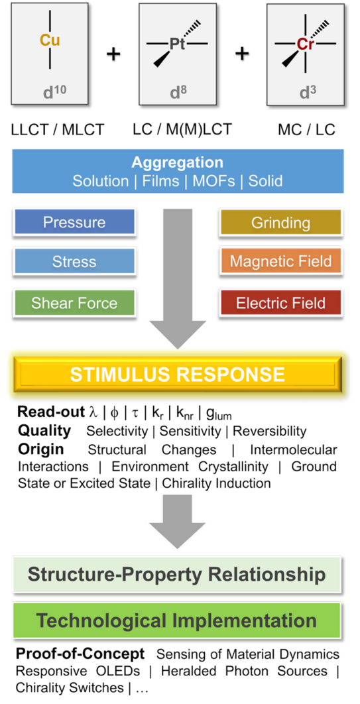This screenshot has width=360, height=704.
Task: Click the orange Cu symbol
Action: point(50,40)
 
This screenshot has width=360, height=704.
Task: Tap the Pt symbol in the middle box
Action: point(178,44)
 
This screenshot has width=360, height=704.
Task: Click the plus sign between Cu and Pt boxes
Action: point(113,54)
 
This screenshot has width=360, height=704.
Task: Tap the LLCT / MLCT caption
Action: point(57,130)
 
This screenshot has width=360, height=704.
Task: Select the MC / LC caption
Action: point(306,130)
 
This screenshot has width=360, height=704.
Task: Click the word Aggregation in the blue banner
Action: point(178,162)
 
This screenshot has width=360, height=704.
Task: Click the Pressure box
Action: point(74,222)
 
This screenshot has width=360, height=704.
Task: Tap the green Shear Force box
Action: point(74,302)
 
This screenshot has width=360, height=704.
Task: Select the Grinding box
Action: point(280,223)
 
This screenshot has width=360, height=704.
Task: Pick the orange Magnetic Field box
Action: point(280,262)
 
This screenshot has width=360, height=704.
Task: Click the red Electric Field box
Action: point(280,303)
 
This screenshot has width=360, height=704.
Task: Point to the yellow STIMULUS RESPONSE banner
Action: point(178,374)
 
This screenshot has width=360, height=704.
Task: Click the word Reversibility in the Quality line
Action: point(270,432)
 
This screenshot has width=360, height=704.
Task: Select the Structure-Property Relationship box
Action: point(178,574)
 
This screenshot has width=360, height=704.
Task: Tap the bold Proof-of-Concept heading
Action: point(81,654)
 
